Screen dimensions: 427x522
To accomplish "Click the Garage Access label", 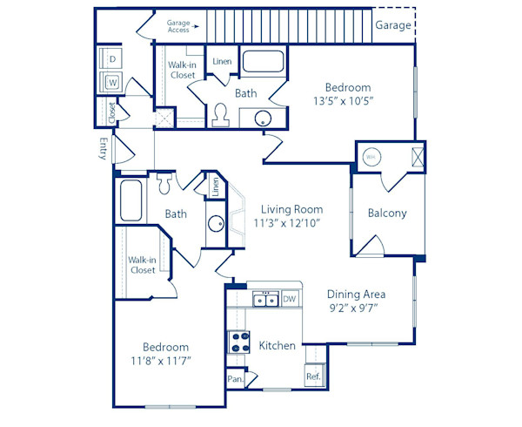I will [177, 24].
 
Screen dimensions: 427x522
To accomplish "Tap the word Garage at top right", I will [393, 25].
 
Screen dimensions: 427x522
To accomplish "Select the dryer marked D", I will [112, 59].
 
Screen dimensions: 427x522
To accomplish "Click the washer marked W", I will [112, 83].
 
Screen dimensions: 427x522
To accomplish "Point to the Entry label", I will [104, 150].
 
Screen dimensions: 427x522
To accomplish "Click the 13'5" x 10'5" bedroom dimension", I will [348, 100].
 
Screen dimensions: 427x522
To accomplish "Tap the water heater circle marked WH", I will [371, 157].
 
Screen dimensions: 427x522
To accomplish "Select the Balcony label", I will [387, 213].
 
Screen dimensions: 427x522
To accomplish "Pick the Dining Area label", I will [356, 294].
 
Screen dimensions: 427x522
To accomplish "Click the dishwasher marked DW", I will [290, 300].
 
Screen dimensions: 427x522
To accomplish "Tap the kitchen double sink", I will [264, 301].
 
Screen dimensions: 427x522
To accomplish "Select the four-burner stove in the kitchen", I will [238, 342].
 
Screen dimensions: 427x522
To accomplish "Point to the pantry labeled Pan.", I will [234, 379].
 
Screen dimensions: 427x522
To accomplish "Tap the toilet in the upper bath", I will [220, 113].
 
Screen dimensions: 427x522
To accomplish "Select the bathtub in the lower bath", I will [132, 200].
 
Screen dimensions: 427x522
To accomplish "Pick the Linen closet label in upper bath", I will [222, 61].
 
